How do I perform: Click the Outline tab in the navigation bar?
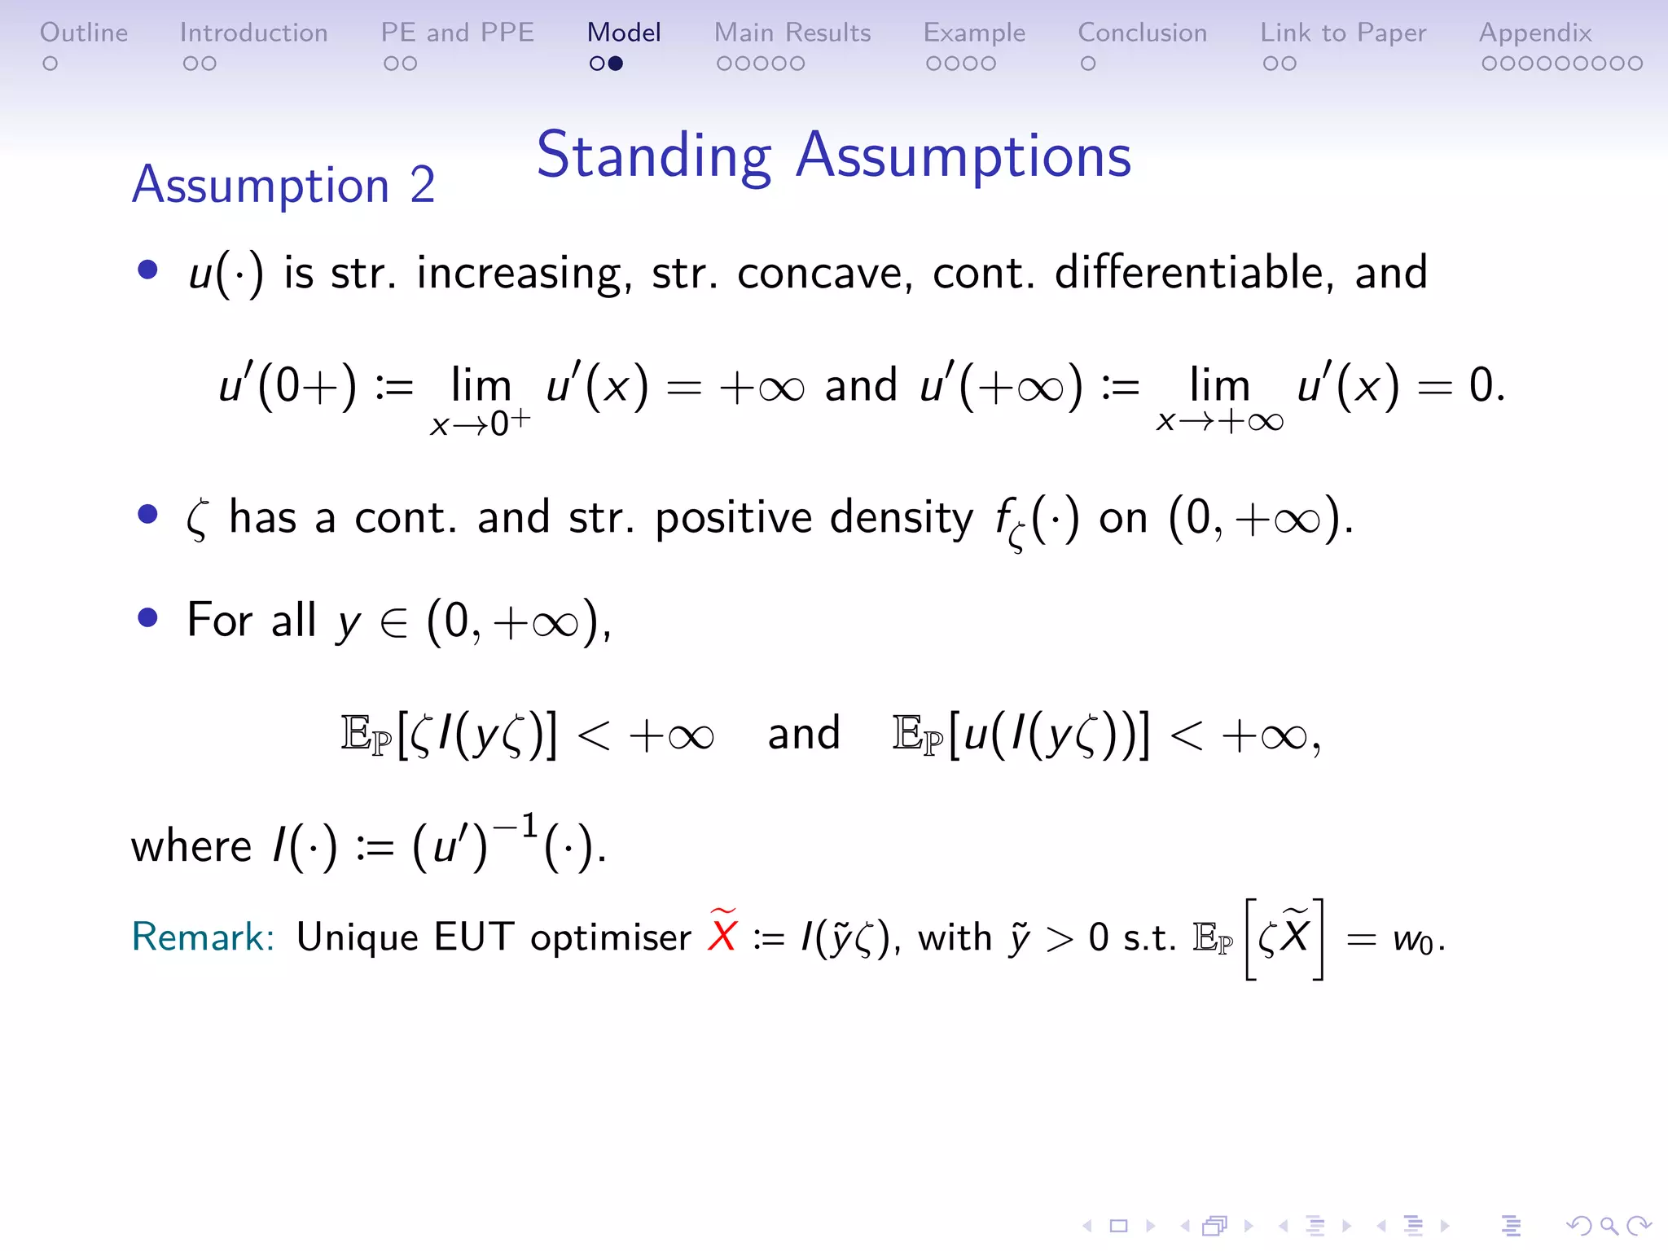pos(84,33)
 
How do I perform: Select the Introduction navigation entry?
pos(253,33)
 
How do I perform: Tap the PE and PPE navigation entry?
pos(457,33)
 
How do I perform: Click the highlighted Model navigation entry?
pos(624,33)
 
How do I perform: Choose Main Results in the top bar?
pos(792,33)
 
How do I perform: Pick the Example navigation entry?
pos(974,33)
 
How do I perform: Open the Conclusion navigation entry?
pos(1142,33)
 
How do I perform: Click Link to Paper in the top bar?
pos(1343,33)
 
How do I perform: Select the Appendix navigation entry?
pos(1535,33)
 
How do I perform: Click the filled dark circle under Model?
pos(616,64)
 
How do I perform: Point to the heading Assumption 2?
pos(283,185)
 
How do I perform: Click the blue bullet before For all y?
pos(147,618)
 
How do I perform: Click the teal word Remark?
pos(202,937)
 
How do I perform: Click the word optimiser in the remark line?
pos(611,937)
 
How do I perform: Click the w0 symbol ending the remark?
pos(1412,940)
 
